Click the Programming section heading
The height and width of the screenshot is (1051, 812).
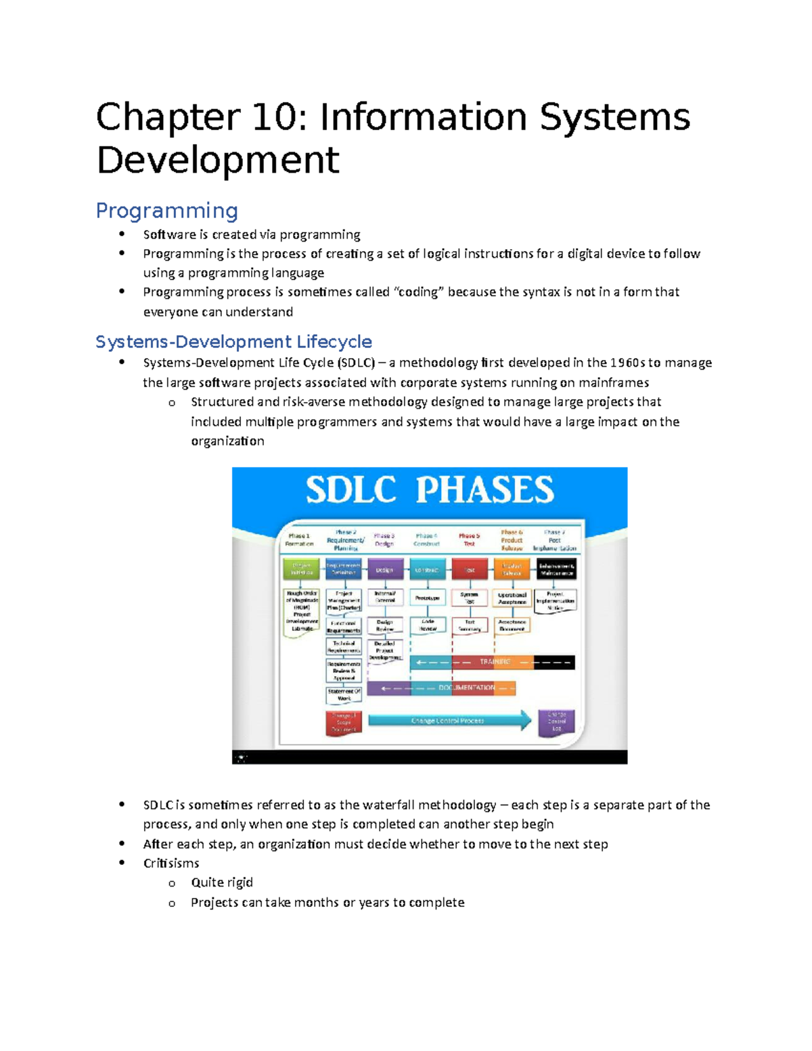(x=166, y=210)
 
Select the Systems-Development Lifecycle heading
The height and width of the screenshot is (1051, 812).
(x=233, y=342)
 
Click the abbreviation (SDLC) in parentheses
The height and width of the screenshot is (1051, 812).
(x=355, y=363)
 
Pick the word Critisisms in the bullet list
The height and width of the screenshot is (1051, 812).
(x=171, y=863)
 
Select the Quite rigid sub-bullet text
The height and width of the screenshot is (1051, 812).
(x=222, y=882)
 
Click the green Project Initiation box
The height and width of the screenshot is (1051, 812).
(x=301, y=568)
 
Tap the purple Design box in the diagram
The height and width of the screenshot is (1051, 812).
(x=385, y=569)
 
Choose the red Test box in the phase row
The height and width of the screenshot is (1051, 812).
(x=469, y=569)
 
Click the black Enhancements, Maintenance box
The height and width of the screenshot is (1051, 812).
(x=556, y=569)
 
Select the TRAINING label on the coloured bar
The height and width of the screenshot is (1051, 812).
(x=495, y=662)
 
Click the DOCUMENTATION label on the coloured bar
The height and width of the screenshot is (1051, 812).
(x=466, y=688)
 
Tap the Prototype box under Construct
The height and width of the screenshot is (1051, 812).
(x=427, y=598)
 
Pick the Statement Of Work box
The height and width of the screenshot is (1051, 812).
(x=344, y=694)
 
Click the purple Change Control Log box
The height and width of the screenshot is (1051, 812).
(x=556, y=721)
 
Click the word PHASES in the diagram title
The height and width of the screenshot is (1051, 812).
(x=484, y=490)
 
